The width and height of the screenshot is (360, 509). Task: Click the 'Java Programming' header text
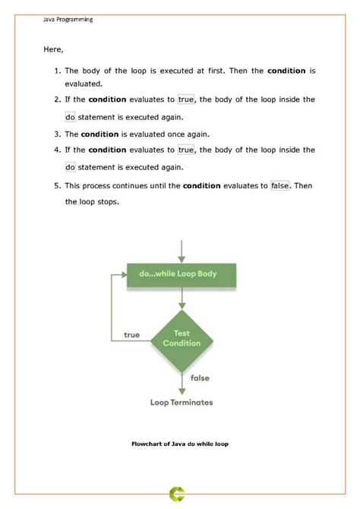(x=68, y=20)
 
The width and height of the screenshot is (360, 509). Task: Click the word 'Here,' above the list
(x=53, y=49)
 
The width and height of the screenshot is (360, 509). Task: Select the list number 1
(x=58, y=71)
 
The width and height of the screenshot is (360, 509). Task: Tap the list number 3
(x=58, y=134)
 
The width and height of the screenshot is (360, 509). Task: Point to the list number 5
(x=58, y=185)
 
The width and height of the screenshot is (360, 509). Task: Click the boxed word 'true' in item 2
(x=186, y=100)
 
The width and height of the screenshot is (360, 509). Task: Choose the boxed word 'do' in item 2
(x=70, y=117)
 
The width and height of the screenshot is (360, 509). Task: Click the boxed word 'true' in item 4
(x=186, y=150)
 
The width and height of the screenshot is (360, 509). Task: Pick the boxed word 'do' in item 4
(x=70, y=167)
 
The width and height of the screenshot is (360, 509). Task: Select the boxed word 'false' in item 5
(x=280, y=185)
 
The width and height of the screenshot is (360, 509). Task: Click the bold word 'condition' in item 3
(x=99, y=134)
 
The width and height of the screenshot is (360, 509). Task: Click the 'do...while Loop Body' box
(x=182, y=273)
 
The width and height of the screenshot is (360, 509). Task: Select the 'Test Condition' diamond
(x=182, y=338)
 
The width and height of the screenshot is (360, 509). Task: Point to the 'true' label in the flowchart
(x=131, y=335)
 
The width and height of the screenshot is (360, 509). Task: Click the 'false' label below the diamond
(x=200, y=378)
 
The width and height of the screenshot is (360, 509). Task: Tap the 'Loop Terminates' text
(x=182, y=402)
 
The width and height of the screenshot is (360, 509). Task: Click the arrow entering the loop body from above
(x=182, y=248)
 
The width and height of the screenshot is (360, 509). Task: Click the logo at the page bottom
(x=180, y=495)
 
